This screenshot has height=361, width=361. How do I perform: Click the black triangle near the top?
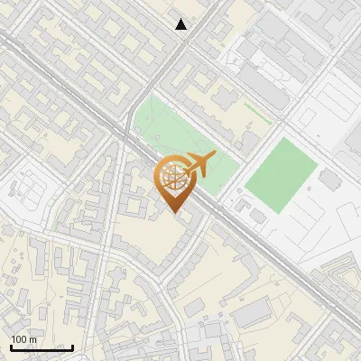(181, 24)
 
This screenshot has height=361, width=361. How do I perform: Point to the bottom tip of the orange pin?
(175, 213)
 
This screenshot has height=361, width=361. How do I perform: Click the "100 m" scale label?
(24, 339)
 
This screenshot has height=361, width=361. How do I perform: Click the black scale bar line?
(42, 347)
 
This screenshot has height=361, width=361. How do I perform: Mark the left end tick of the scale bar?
(11, 347)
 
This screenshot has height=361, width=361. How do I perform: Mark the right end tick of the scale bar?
(73, 347)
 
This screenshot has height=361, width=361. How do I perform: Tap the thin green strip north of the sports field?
(258, 113)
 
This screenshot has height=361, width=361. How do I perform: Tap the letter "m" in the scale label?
(32, 339)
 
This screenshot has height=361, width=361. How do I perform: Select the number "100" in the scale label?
(20, 339)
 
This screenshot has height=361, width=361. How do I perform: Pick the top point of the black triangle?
(181, 19)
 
